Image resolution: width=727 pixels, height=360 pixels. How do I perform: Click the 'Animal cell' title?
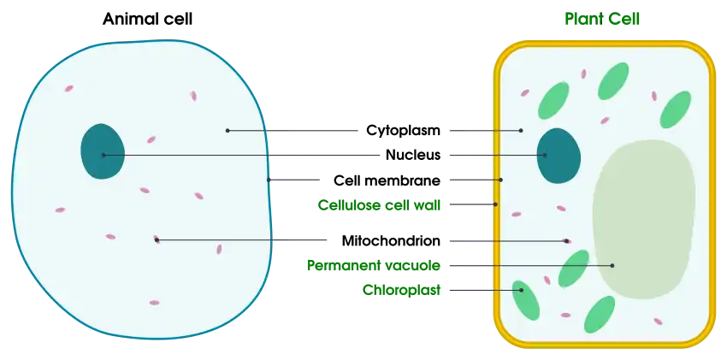(x=147, y=19)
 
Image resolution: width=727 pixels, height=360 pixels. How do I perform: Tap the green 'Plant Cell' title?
(x=602, y=19)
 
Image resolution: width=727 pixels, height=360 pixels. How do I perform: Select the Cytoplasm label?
(x=403, y=131)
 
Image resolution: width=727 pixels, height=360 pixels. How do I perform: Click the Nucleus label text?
(x=412, y=155)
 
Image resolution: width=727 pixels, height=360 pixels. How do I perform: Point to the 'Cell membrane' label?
(x=387, y=180)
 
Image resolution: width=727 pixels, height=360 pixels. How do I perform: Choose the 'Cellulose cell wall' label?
(x=379, y=204)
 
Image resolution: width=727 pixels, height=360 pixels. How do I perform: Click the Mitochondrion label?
(x=391, y=241)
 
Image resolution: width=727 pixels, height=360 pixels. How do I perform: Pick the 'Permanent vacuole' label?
(x=374, y=265)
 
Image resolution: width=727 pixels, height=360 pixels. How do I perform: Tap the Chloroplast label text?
(x=401, y=290)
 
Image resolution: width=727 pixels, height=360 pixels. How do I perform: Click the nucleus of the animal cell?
(x=103, y=151)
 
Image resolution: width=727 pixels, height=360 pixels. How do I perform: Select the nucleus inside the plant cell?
(x=559, y=156)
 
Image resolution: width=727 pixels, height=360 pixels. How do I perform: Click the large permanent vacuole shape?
(x=644, y=219)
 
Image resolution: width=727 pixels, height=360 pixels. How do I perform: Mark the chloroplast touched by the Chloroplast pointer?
(x=526, y=300)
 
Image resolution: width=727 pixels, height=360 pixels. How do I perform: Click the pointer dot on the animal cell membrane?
(x=269, y=180)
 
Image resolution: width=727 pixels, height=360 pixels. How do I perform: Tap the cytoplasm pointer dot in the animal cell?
(x=228, y=131)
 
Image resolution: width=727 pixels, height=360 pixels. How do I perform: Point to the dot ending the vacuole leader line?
(x=612, y=265)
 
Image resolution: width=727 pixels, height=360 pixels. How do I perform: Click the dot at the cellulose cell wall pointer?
(x=495, y=204)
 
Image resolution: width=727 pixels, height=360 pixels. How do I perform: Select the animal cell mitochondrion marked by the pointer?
(x=157, y=239)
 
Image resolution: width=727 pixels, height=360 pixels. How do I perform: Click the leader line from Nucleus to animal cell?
(x=241, y=155)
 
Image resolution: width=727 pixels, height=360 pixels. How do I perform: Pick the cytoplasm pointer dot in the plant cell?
(x=521, y=131)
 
